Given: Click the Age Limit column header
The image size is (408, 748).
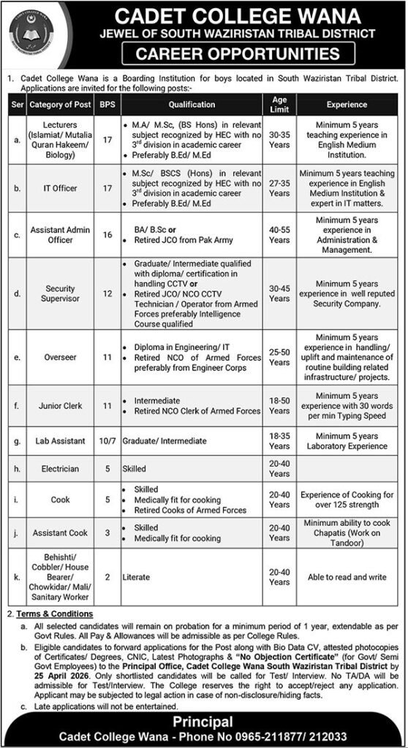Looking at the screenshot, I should pos(279,104).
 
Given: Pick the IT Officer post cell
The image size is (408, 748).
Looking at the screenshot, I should pos(60,188).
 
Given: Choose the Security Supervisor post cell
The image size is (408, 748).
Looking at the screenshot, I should pos(60,294).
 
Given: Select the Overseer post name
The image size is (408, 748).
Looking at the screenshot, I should pos(60,359).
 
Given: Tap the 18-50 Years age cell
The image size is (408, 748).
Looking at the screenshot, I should pos(279,406).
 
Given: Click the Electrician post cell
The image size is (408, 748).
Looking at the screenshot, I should pos(60,469).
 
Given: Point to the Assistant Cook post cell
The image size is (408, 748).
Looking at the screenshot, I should pos(60,533).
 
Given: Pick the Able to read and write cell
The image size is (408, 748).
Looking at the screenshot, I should pos(347,576).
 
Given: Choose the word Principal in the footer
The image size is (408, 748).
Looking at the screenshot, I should pos(204,722).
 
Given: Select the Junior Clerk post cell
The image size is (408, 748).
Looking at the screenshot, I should pos(60,406).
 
